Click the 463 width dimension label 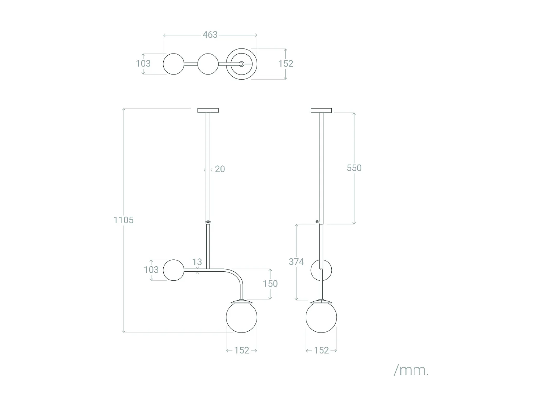pyautogui.click(x=210, y=35)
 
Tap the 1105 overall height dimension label pyautogui.click(x=124, y=220)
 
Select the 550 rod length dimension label pyautogui.click(x=354, y=168)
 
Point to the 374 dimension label pyautogui.click(x=296, y=262)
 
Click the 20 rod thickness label pyautogui.click(x=220, y=169)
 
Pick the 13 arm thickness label pyautogui.click(x=197, y=262)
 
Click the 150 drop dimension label pyautogui.click(x=270, y=284)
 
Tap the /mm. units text pyautogui.click(x=411, y=370)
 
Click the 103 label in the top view pyautogui.click(x=143, y=64)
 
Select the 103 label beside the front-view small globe pyautogui.click(x=151, y=270)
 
